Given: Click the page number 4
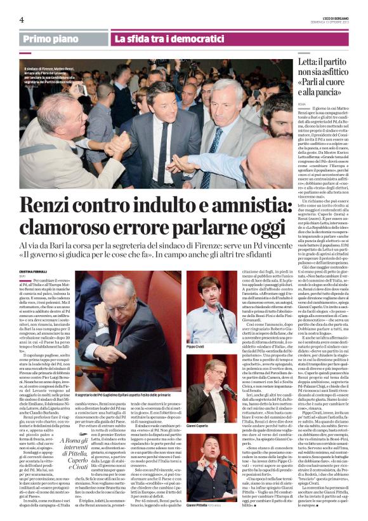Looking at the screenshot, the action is coord(22,20).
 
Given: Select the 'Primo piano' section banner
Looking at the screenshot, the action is coord(52,39).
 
